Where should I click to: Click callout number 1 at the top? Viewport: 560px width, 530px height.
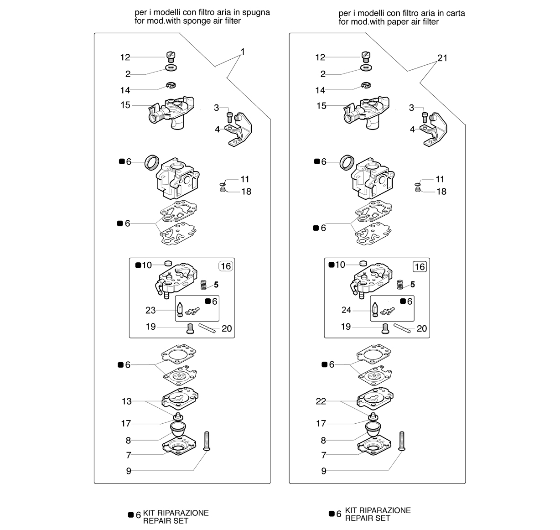point(243,52)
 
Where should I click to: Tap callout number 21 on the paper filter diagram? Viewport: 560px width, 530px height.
point(442,58)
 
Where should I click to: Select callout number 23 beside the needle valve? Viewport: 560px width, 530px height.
point(150,310)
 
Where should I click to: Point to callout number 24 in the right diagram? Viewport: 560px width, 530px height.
point(346,310)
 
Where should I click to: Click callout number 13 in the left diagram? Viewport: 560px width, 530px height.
point(126,401)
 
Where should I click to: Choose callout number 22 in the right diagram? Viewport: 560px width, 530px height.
point(321,401)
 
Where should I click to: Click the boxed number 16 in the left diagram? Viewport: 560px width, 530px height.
point(226,266)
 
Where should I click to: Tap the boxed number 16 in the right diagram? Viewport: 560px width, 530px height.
point(420,267)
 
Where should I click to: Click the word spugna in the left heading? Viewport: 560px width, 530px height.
point(256,13)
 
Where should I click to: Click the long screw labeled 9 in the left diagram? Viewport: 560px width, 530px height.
point(207,441)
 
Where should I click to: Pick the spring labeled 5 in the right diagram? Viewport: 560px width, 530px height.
point(400,284)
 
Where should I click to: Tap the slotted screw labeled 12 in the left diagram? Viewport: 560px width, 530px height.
point(171,57)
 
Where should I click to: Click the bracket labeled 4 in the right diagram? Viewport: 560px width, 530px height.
point(435,130)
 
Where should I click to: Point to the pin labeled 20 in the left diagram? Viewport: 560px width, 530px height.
point(207,328)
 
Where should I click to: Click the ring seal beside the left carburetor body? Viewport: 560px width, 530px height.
point(152,162)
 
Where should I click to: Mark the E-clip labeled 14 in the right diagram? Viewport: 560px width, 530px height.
point(366,85)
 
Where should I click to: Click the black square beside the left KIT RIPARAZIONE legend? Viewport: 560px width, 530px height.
point(131,514)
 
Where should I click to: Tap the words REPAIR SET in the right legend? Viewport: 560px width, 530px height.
point(368,518)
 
